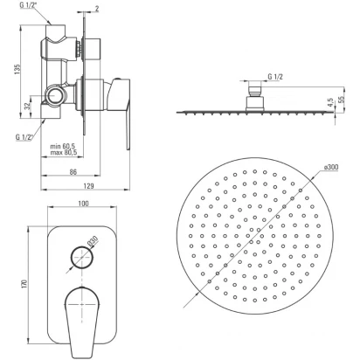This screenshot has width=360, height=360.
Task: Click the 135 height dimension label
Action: tap(17, 69)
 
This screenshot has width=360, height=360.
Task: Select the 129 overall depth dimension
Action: tap(88, 186)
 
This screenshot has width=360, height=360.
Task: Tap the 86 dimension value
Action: tap(73, 172)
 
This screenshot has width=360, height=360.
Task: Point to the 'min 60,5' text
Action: tap(64, 146)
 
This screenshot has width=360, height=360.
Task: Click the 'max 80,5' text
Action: tap(64, 152)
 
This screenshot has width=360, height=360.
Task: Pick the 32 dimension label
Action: tap(27, 107)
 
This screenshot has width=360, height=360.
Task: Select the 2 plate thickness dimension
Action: tap(97, 9)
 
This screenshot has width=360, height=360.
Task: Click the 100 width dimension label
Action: tap(84, 204)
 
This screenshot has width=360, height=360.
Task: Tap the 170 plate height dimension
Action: tap(24, 284)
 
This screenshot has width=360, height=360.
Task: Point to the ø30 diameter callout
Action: tap(93, 241)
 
